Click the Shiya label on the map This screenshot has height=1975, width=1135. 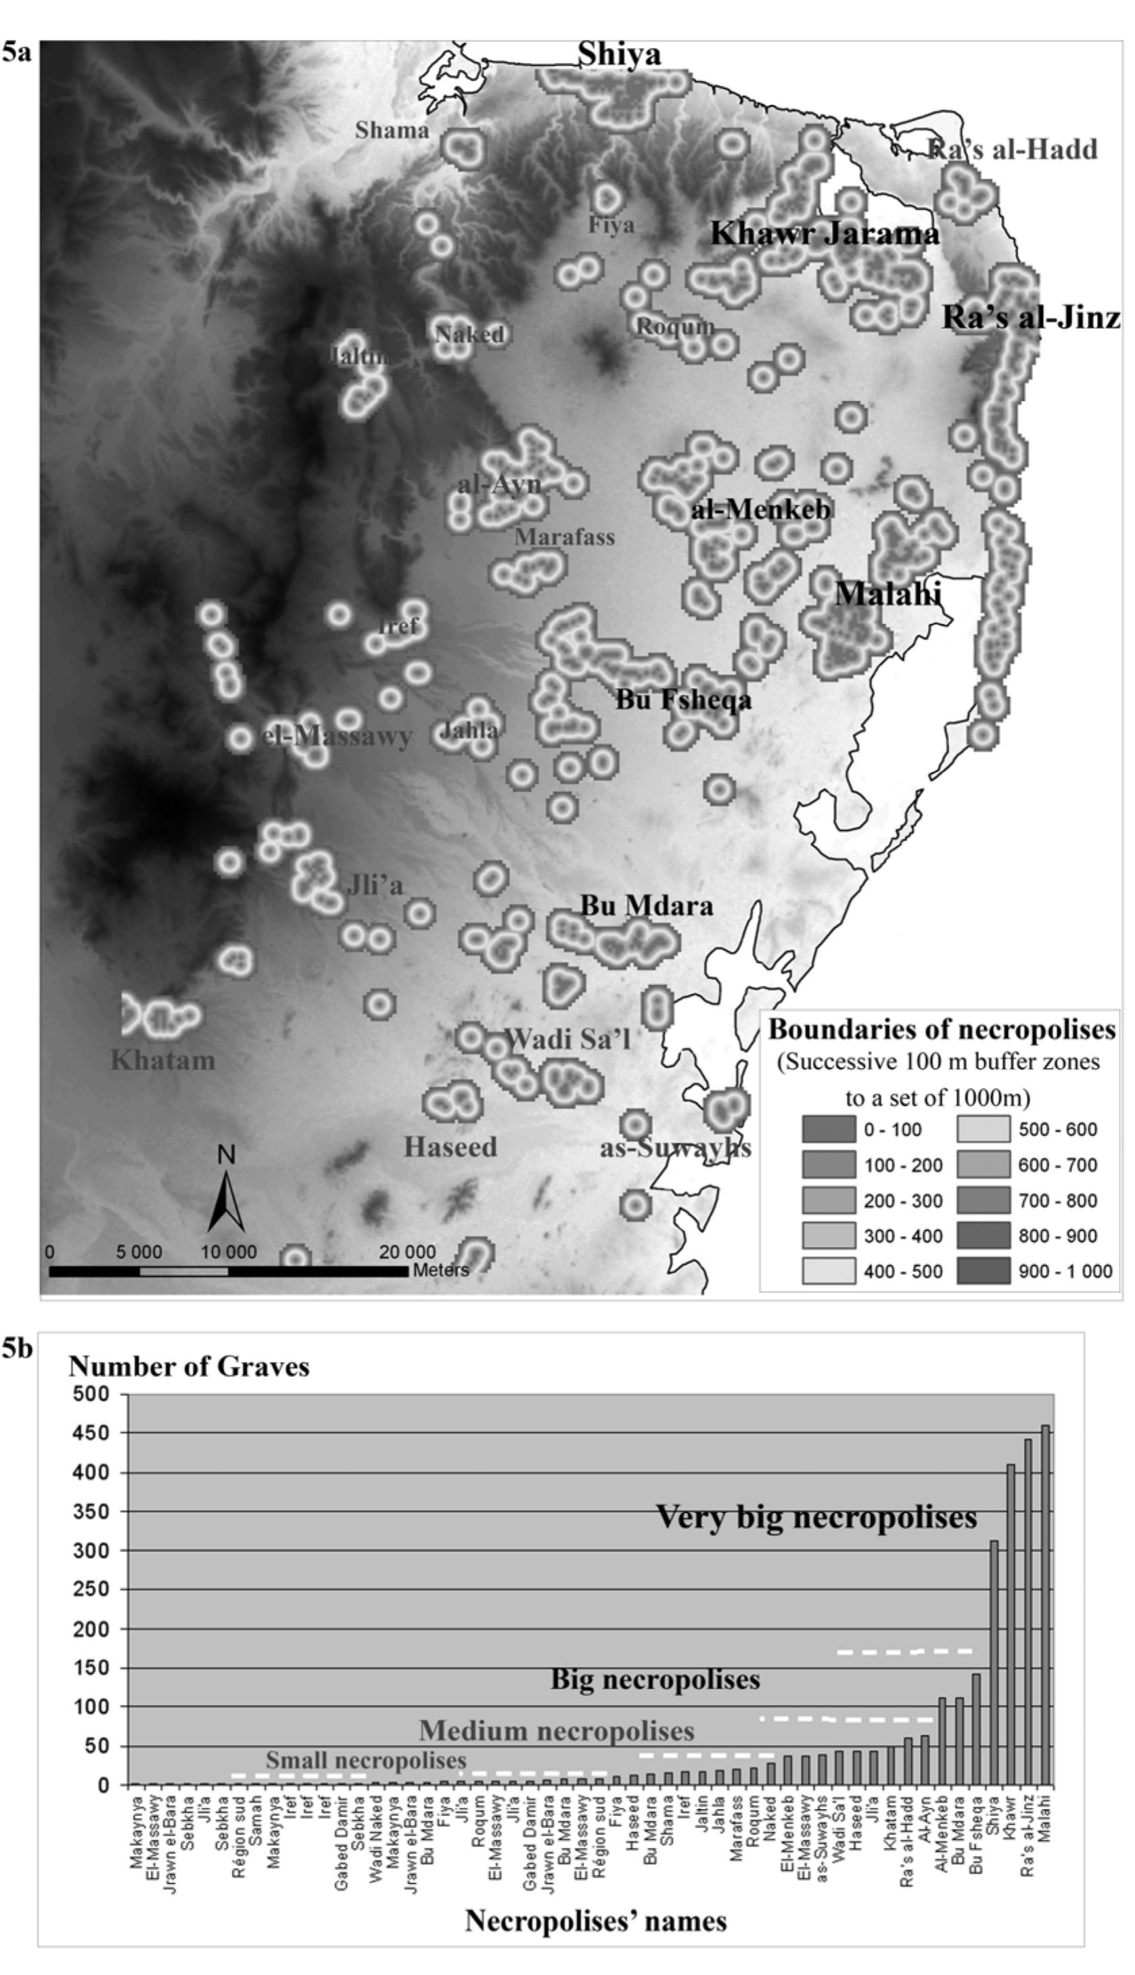[x=619, y=55]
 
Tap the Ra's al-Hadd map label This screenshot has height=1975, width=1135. [x=1013, y=149]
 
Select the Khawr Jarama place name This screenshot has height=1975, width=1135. [x=824, y=234]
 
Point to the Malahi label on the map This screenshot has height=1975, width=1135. [x=888, y=594]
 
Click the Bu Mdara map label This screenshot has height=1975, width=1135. [x=647, y=906]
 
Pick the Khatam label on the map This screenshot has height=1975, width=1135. [x=162, y=1060]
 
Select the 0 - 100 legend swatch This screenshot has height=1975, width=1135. [x=829, y=1130]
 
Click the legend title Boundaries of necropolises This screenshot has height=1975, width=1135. [x=942, y=1030]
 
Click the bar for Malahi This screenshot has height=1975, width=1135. [x=1045, y=1606]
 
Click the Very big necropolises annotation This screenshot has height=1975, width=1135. [x=816, y=1518]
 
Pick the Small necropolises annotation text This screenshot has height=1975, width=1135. [x=366, y=1760]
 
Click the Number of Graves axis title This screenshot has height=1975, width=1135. [x=189, y=1367]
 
